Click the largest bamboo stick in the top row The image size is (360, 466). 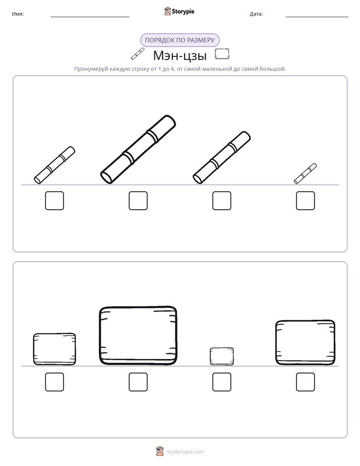coord(138,149)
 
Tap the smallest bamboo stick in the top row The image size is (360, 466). coord(306,173)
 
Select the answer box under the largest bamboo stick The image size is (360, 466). coord(138,201)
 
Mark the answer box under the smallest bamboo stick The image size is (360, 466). coord(306,201)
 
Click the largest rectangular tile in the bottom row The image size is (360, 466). coord(138,335)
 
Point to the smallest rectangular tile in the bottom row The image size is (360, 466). coord(222,356)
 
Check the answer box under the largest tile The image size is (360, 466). coord(138,382)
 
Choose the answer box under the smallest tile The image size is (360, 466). coord(222,382)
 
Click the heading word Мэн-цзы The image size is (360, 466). coord(179,55)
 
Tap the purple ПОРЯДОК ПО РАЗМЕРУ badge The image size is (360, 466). coord(179,40)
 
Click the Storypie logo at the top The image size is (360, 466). coord(179,11)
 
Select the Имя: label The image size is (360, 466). coord(18,14)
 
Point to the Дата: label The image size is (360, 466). coord(256,14)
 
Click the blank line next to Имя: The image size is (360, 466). coord(90,17)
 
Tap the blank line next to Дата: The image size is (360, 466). coord(317,17)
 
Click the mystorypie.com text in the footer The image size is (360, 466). coord(185,452)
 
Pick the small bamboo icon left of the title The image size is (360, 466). coord(138,54)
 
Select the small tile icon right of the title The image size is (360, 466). coord(222,54)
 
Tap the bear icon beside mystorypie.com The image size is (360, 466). coord(160,451)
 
